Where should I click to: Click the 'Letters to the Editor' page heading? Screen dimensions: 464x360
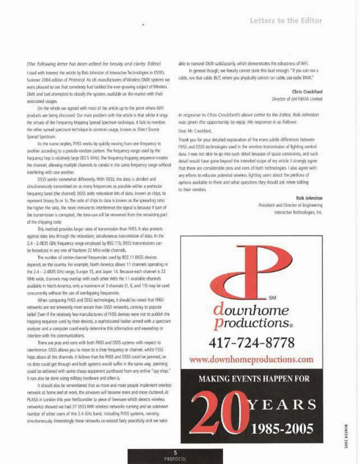286,21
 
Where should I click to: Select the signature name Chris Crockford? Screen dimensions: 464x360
307,92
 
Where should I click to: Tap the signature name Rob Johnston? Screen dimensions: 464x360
309,198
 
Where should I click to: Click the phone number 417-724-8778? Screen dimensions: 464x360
252,343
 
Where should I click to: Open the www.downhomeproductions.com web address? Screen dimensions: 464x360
251,359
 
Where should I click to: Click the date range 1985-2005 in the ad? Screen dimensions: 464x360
282,428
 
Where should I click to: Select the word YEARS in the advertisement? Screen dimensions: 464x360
282,405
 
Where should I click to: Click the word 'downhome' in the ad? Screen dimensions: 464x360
251,310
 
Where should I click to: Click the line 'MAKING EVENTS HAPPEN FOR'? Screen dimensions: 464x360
254,378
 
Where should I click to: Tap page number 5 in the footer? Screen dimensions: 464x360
175,453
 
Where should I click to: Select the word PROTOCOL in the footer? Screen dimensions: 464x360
175,459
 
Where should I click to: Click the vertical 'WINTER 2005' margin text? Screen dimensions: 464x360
346,436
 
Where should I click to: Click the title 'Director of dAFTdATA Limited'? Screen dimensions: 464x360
297,99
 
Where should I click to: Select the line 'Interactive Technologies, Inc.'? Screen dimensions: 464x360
298,212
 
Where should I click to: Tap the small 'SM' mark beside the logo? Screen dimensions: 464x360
272,298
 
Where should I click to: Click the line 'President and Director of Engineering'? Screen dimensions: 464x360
290,205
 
